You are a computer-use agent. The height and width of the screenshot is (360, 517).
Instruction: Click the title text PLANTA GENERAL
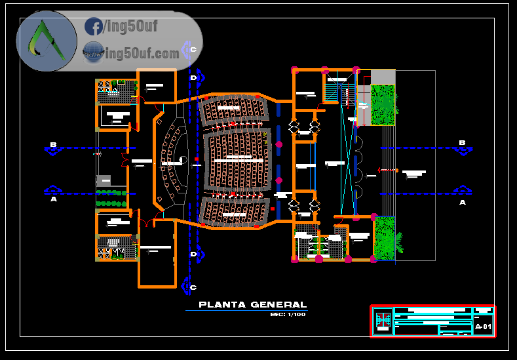point(252,304)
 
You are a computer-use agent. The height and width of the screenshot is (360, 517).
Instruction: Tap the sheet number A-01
point(483,327)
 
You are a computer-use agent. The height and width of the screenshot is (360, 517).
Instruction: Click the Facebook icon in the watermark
point(93,27)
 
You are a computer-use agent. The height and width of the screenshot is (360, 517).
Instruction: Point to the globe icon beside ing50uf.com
point(92,51)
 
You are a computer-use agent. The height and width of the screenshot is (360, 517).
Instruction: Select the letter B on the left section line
point(54,144)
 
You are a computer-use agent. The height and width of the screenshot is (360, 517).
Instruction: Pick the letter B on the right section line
point(462,143)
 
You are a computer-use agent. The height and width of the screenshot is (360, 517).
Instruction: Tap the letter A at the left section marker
point(54,199)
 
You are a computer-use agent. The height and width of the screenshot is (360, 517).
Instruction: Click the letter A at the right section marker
point(463,203)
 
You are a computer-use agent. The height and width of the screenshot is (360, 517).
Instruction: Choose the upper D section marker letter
point(193,78)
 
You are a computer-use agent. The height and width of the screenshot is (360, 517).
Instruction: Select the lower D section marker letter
point(193,254)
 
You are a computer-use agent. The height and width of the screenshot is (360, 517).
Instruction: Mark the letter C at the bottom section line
point(193,287)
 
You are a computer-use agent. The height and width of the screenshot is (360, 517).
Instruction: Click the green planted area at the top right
point(383,105)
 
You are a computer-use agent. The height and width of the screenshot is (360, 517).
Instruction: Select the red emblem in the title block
point(383,321)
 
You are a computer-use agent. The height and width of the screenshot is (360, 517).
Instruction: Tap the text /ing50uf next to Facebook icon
point(130,27)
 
